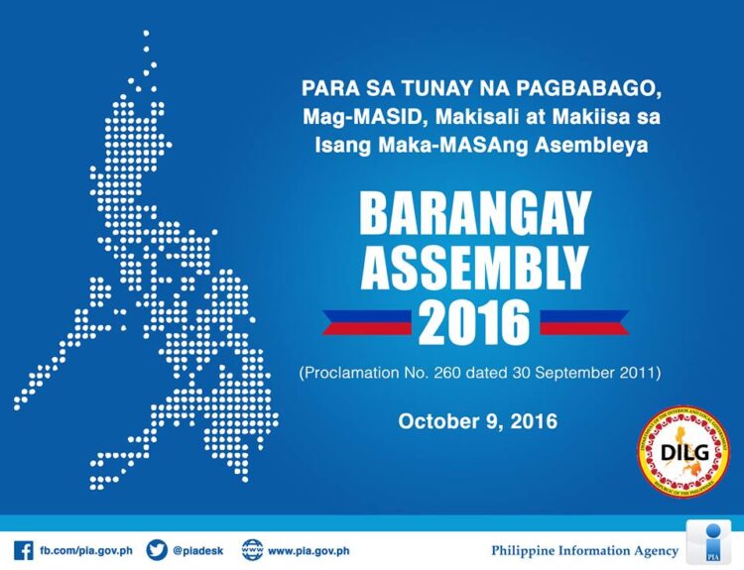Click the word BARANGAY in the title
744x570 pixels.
[475, 213]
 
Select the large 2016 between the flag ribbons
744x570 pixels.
[474, 322]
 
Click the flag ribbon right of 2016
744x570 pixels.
[584, 322]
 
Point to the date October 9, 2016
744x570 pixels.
[477, 420]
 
